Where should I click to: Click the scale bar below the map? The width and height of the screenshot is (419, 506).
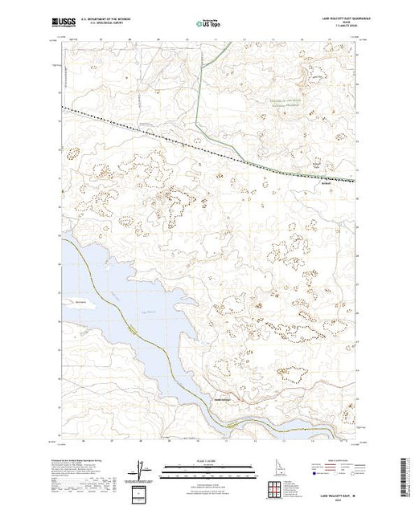pyautogui.click(x=207, y=467)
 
